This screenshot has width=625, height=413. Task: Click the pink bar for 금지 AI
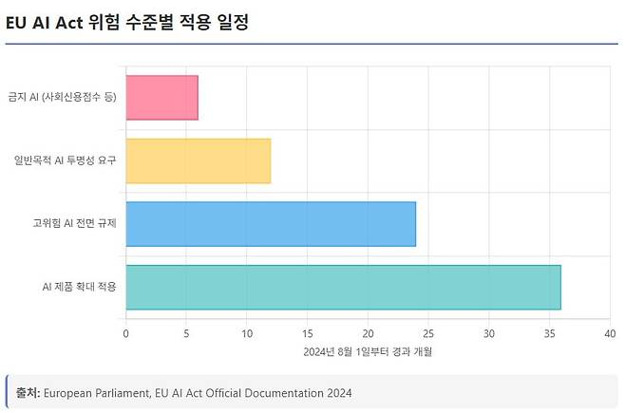coord(161,98)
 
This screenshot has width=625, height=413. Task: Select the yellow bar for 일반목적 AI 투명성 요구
coord(198,161)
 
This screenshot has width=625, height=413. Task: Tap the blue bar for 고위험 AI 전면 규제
coord(271,224)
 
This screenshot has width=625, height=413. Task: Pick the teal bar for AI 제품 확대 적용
coord(343,287)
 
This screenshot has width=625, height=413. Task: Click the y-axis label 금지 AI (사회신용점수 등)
coord(63,98)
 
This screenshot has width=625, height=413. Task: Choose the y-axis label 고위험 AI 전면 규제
coord(74,224)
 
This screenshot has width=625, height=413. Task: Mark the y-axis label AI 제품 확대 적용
coord(80,287)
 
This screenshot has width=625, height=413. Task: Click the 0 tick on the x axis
coord(126,333)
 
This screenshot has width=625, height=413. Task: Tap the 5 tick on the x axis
coord(186,333)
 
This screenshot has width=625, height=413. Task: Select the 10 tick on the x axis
coord(247,333)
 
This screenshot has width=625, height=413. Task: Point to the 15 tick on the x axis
coord(308,333)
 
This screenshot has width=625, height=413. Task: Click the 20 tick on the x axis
coord(368,333)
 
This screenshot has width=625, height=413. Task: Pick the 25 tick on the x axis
coord(428,333)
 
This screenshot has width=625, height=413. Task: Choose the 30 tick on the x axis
coord(489,333)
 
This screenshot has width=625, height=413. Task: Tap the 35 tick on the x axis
coord(549,333)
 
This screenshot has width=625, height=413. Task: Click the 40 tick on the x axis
coord(609,333)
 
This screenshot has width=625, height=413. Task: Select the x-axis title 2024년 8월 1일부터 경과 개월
coord(368,352)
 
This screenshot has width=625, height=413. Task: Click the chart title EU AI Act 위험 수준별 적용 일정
coord(127,22)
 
